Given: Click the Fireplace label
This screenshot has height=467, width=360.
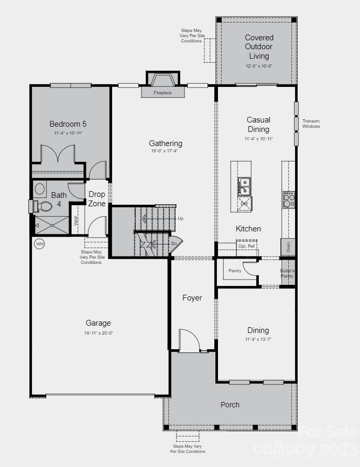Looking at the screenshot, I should click(162, 93).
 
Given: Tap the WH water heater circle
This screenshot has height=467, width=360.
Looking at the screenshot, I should click(39, 243).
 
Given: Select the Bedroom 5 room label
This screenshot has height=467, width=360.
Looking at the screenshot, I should click(68, 124).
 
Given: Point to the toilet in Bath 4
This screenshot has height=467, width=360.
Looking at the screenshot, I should click(44, 206).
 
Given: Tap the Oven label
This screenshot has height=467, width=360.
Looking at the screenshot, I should click(288, 246).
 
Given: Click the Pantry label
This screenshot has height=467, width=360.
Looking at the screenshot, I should click(235, 271).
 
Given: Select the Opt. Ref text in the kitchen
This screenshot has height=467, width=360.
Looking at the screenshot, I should click(246, 246).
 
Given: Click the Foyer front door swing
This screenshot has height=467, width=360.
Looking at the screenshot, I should click(189, 340).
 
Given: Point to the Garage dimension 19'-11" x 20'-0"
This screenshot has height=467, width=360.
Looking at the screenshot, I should click(99, 332).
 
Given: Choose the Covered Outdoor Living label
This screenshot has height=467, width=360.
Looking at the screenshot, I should click(259, 47).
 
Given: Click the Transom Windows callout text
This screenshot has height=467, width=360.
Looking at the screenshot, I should click(311, 124).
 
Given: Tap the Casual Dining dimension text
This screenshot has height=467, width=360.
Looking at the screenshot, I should click(258, 139).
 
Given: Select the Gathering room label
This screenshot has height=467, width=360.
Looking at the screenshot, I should click(166, 143).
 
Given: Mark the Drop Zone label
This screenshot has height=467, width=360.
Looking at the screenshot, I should click(97, 198).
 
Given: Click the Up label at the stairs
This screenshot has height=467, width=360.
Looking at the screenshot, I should click(181, 218).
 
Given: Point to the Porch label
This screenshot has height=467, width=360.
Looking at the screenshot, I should click(230, 404).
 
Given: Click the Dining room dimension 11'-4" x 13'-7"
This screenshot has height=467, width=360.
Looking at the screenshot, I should click(258, 339).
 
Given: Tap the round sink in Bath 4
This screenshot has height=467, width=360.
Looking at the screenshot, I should click(40, 188).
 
